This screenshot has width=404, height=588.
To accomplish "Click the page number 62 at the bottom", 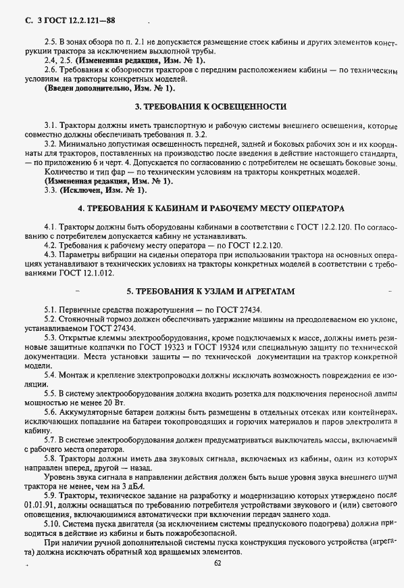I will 218,562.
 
